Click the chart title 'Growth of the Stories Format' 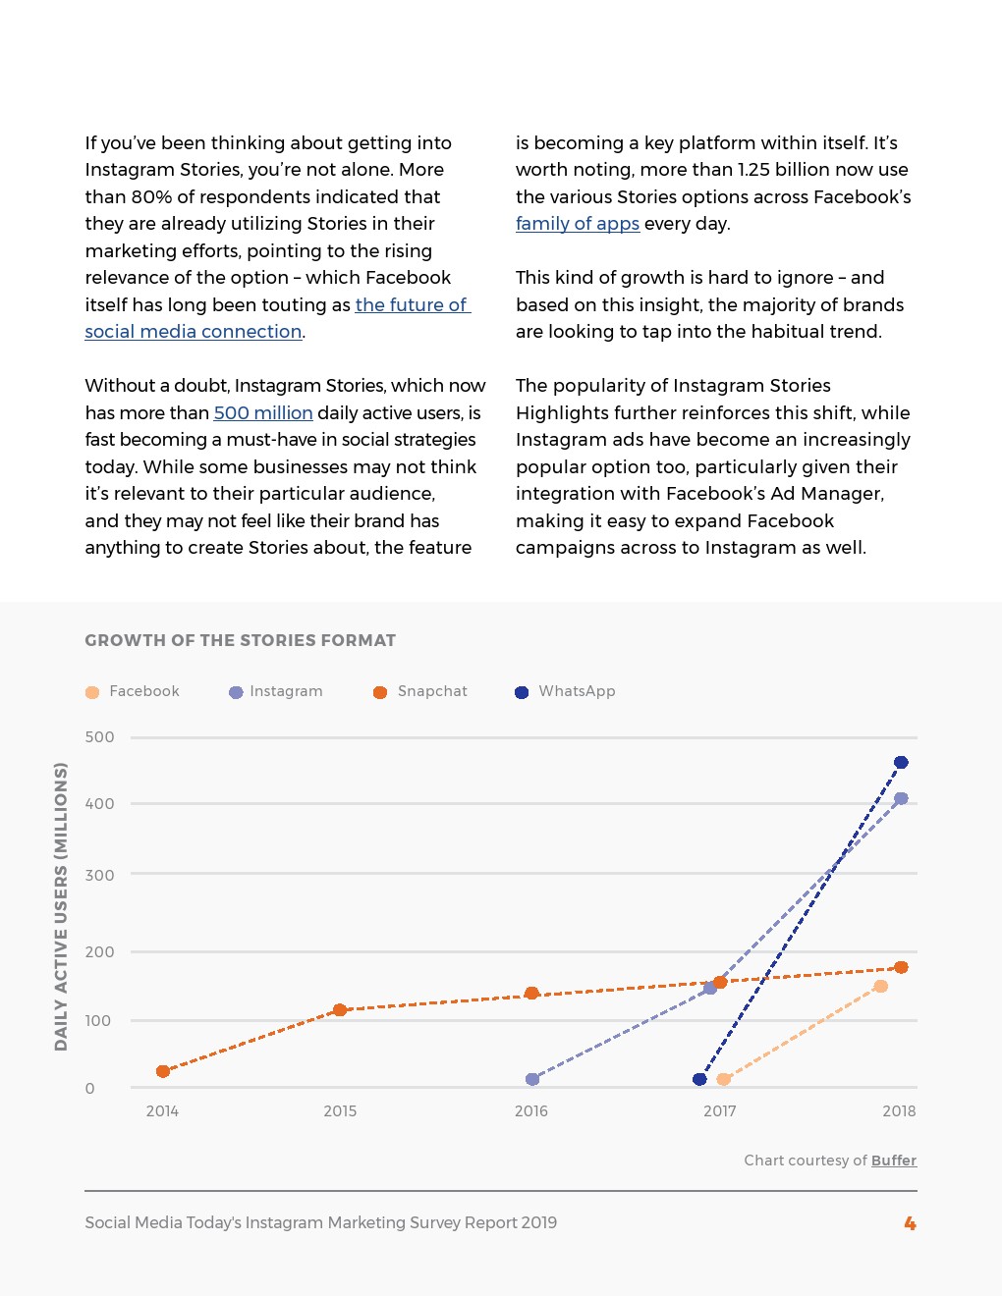[x=240, y=640]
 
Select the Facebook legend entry [x=134, y=691]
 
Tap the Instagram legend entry [x=276, y=691]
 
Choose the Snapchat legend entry [x=420, y=691]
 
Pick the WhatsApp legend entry [x=566, y=691]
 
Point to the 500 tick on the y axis [x=99, y=737]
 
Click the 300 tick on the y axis [x=99, y=875]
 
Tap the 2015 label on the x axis [x=340, y=1111]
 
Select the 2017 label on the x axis [x=720, y=1111]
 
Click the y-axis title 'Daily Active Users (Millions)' [x=61, y=906]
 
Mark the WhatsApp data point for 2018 [x=901, y=762]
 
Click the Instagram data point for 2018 [x=901, y=798]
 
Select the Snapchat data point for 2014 [x=163, y=1071]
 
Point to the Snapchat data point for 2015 [x=340, y=1009]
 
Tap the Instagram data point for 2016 [x=532, y=1079]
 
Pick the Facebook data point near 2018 [x=880, y=986]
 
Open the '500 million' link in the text [x=263, y=413]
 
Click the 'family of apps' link [x=578, y=224]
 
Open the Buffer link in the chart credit [x=894, y=1161]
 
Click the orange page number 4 [x=910, y=1223]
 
